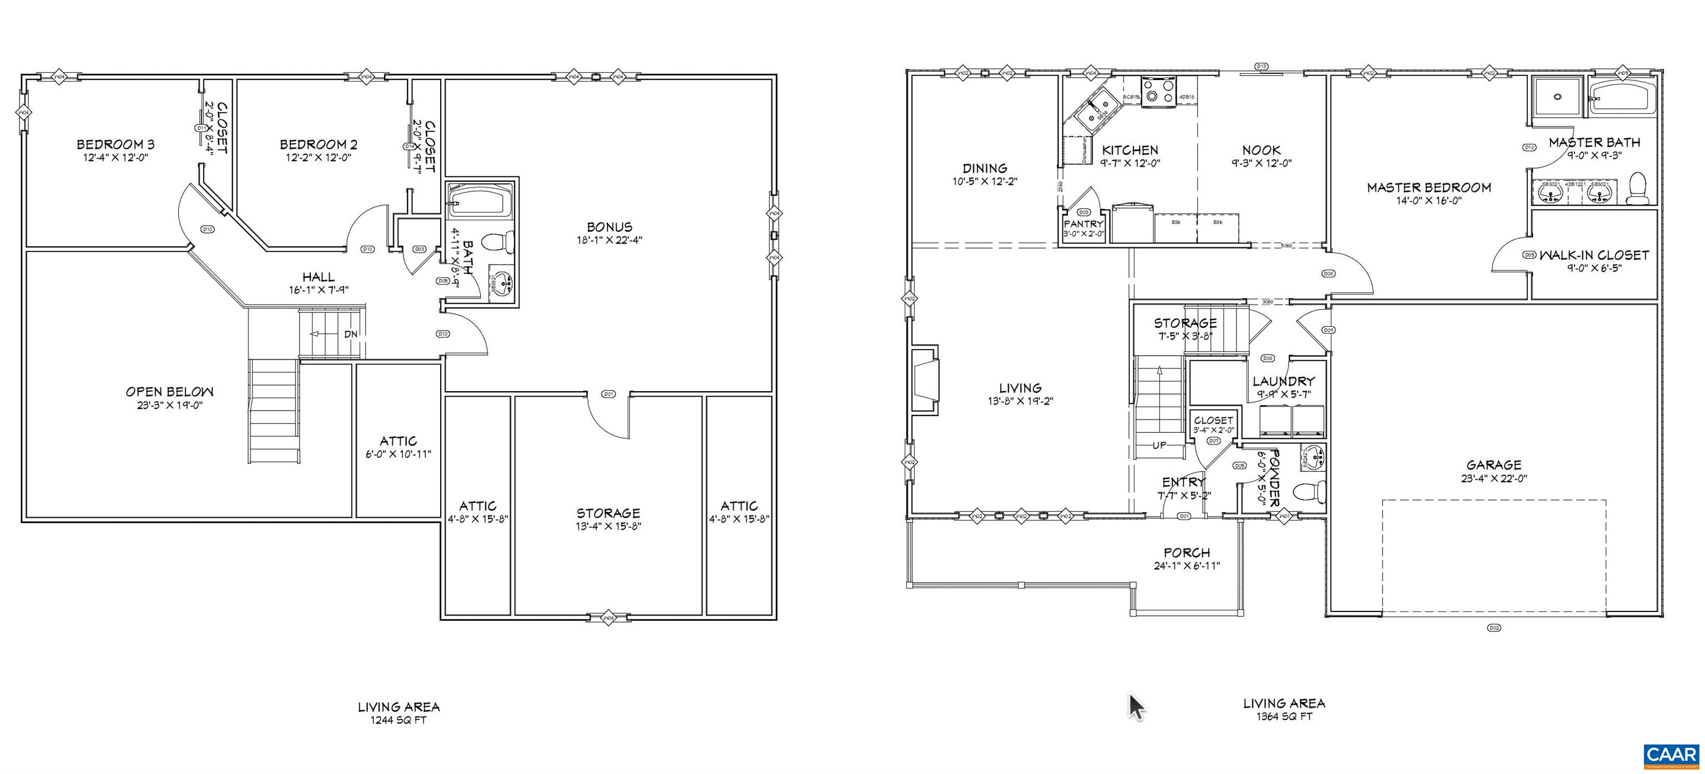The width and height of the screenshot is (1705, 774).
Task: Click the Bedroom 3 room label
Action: pos(115,144)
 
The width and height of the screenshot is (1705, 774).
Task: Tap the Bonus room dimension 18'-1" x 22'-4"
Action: pos(609,240)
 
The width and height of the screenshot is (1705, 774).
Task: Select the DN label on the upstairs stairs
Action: pos(351,334)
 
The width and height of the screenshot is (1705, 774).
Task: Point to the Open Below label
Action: pos(169,392)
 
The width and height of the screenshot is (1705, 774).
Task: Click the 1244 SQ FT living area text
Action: pos(398,720)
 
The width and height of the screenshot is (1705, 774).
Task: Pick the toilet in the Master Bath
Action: pos(1638,189)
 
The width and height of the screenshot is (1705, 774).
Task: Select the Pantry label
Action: pos(1083,224)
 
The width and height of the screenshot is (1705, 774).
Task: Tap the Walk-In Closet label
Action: pos(1594,255)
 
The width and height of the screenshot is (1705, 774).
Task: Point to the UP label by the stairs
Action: pos(1159,445)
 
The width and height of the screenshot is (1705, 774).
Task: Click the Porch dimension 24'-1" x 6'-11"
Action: pos(1187,566)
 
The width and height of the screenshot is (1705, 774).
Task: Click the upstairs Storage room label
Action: pos(608,513)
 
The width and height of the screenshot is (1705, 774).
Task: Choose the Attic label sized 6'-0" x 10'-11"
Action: pos(398,441)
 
